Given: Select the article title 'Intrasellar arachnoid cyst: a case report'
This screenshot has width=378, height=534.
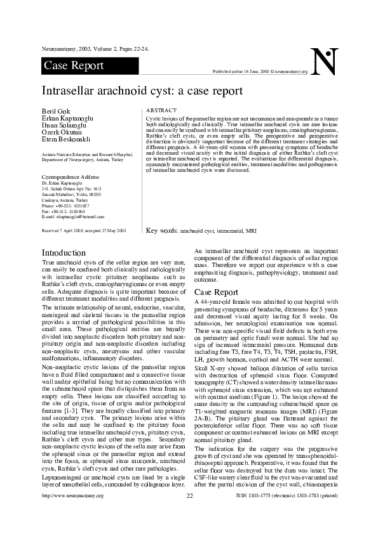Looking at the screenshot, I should (142, 91).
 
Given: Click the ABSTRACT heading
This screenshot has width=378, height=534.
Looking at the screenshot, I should (161, 110).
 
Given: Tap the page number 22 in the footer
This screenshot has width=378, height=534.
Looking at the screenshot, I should (189, 512).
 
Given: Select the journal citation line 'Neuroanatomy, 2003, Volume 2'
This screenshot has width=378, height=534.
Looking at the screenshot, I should (95, 48).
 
